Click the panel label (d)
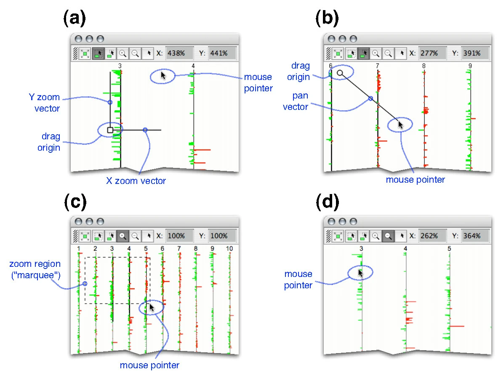click(x=327, y=203)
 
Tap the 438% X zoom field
click(x=179, y=53)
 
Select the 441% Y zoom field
click(x=222, y=53)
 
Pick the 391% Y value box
click(x=475, y=53)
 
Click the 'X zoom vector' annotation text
click(x=136, y=181)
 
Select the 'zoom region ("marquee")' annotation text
click(x=35, y=270)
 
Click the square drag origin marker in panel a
click(x=110, y=130)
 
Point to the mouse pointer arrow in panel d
click(x=361, y=273)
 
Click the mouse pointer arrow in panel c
click(x=152, y=307)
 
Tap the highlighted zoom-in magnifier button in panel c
click(x=123, y=235)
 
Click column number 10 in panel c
click(x=229, y=249)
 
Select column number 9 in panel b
click(x=470, y=66)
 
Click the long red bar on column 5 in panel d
click(x=456, y=326)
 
